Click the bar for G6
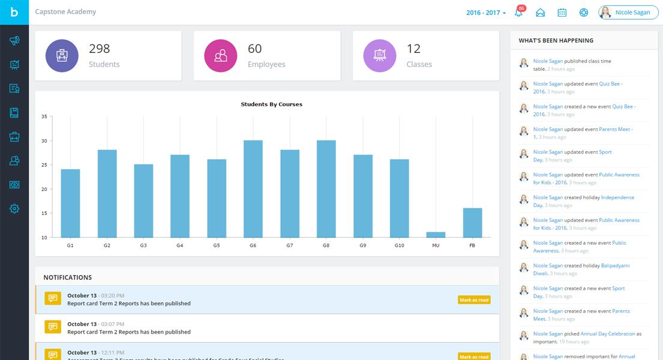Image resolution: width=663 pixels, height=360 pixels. tap(253, 189)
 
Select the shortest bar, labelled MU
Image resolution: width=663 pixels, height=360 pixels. tap(436, 235)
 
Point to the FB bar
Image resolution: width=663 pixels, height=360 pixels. tap(472, 223)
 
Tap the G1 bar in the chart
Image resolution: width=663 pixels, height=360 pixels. tap(70, 203)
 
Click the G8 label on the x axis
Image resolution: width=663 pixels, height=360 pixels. tap(326, 246)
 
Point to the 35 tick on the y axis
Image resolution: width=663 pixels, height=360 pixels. tap(44, 117)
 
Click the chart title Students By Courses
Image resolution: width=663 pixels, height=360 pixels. tap(271, 104)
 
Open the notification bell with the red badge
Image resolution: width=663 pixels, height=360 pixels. tap(519, 13)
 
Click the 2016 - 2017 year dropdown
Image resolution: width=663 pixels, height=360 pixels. tap(486, 13)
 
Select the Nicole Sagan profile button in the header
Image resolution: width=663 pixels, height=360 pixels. tap(628, 13)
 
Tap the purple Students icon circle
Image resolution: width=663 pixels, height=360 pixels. tap(62, 56)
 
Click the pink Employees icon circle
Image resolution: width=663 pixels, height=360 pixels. tap(221, 56)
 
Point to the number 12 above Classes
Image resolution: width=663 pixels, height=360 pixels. tap(413, 49)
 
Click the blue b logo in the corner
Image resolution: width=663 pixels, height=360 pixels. tap(14, 13)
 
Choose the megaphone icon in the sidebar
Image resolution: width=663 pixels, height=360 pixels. tap(14, 41)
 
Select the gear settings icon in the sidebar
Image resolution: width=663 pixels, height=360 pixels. tap(14, 209)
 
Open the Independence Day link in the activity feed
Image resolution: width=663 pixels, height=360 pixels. tap(617, 197)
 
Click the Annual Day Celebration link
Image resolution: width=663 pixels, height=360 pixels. tap(607, 334)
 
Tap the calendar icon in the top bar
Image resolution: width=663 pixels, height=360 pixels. tap(562, 13)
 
